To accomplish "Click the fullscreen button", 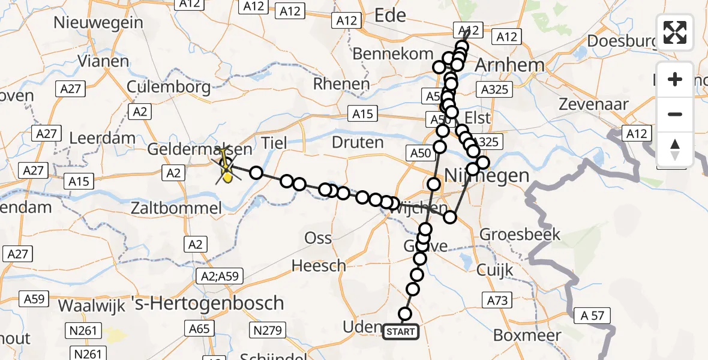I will tap(675, 32).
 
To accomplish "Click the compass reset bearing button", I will tap(675, 149).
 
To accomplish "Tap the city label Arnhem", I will tap(501, 65).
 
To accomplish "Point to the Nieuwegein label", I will tap(98, 23).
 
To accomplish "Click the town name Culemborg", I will tap(169, 86).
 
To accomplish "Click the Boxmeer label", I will tap(515, 335).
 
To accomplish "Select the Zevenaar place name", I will tap(593, 104).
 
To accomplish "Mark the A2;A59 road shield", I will tap(220, 276).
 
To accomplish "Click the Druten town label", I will tap(358, 143).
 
